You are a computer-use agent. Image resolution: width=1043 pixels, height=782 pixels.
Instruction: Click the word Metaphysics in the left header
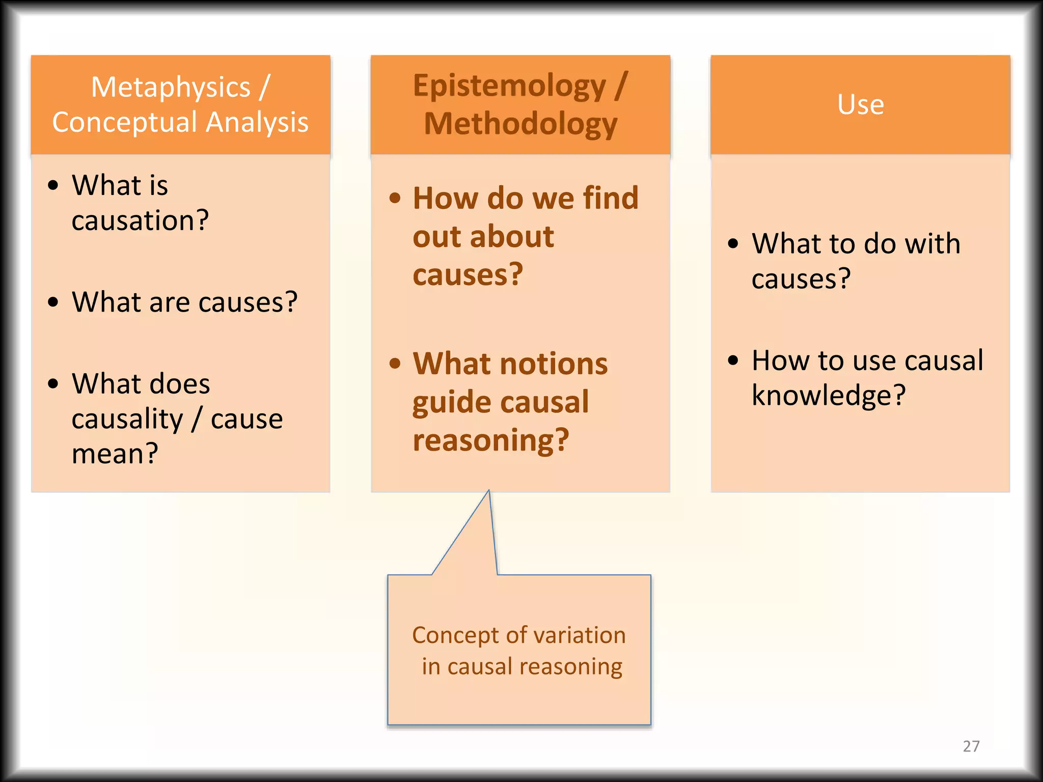pos(170,88)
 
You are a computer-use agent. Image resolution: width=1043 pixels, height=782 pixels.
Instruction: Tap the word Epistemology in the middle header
pos(509,86)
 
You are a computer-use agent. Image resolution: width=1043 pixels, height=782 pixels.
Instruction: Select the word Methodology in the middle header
pos(520,124)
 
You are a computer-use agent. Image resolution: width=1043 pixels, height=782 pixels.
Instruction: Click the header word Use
pos(860,105)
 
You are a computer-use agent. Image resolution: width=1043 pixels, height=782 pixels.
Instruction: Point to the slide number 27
pos(971,746)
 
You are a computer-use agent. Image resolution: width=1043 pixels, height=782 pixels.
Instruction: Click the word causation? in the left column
pos(140,221)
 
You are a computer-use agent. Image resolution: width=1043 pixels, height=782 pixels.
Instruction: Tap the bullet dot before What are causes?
pos(53,302)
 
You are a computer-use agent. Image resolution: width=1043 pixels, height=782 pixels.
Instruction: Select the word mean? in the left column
pos(115,454)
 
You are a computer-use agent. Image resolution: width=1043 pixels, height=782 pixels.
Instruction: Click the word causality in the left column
pos(127,420)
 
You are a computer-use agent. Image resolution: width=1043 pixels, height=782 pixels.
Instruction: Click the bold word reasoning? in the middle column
pos(490,440)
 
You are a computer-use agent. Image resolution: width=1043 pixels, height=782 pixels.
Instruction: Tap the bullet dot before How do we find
pos(395,198)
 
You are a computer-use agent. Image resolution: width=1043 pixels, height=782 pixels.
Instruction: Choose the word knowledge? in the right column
pos(829,396)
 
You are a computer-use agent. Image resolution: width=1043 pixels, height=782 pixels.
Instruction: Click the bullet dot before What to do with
pos(733,244)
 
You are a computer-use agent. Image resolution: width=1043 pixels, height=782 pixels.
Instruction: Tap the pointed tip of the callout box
pos(489,491)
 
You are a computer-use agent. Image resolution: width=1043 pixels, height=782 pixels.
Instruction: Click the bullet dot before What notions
pos(395,364)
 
